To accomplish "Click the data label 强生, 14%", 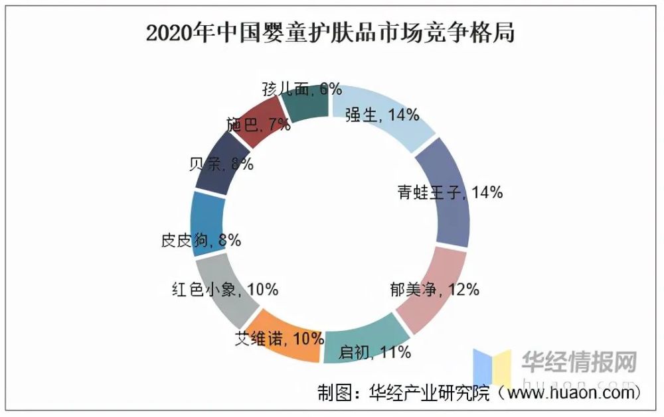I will [x=382, y=115].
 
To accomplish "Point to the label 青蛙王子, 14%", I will [x=450, y=193].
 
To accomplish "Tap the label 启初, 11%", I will [x=374, y=351].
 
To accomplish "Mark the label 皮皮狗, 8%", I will [x=201, y=241].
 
